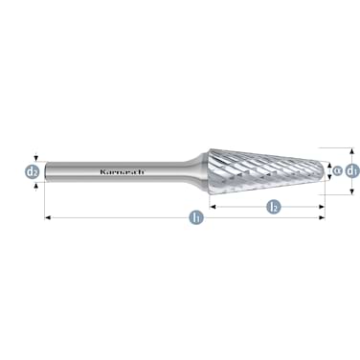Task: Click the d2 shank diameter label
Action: [33, 172]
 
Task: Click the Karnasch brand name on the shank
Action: [123, 172]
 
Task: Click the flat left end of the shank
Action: [47, 172]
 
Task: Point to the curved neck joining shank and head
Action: [196, 172]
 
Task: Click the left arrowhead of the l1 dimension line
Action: [49, 219]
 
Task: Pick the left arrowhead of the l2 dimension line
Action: [213, 206]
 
